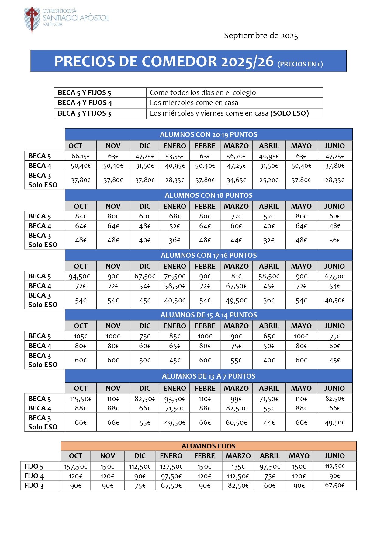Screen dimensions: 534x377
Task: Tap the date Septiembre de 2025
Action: [261, 36]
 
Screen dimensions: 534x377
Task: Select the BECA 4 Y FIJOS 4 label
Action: [85, 103]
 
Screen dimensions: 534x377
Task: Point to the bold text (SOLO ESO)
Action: [289, 113]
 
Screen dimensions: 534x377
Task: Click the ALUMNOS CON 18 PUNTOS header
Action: [209, 195]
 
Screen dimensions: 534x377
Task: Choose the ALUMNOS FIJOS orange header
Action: [208, 446]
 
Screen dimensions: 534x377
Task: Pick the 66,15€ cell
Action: [81, 156]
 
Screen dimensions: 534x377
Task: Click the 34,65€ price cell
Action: [236, 180]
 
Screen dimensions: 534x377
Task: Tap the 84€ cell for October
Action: [81, 216]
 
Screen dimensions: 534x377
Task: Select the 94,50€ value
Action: [81, 276]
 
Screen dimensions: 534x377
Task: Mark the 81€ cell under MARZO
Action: [236, 276]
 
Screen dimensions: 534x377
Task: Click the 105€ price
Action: [81, 336]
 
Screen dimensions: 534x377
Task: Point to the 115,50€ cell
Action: [81, 399]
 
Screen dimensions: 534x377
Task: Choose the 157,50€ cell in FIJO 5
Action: [75, 466]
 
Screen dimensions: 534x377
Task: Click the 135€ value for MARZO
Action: [238, 466]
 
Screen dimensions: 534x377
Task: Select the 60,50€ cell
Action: [236, 423]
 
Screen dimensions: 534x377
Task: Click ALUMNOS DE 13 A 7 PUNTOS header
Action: [209, 376]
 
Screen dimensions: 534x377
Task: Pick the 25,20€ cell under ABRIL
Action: [269, 180]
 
